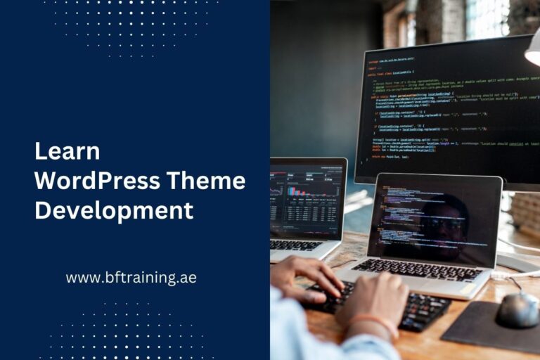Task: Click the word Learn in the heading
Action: [x=67, y=151]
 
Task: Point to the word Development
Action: [x=114, y=210]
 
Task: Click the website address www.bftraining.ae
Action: [x=131, y=277]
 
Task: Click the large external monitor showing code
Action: [x=450, y=112]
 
